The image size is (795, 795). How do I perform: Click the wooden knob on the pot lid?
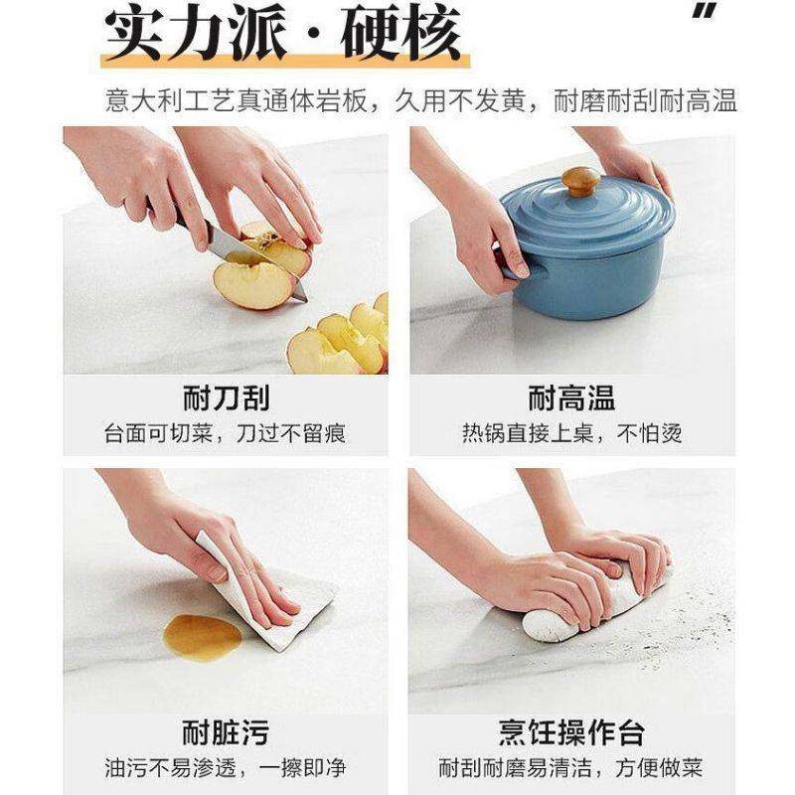pos(580,182)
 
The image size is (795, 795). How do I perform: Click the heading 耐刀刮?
pos(226,398)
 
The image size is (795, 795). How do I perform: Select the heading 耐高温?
pos(571,398)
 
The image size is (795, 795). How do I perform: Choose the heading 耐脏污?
pos(226,734)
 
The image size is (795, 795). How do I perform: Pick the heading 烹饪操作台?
pos(571,734)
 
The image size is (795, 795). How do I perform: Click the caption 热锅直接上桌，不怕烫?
pos(571,434)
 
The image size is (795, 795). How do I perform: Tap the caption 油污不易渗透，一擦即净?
pos(226,768)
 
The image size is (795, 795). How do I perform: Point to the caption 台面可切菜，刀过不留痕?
pos(226,434)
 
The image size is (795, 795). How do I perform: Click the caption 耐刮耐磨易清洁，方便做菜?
pos(571,768)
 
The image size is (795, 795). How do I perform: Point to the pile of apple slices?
pos(343,338)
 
